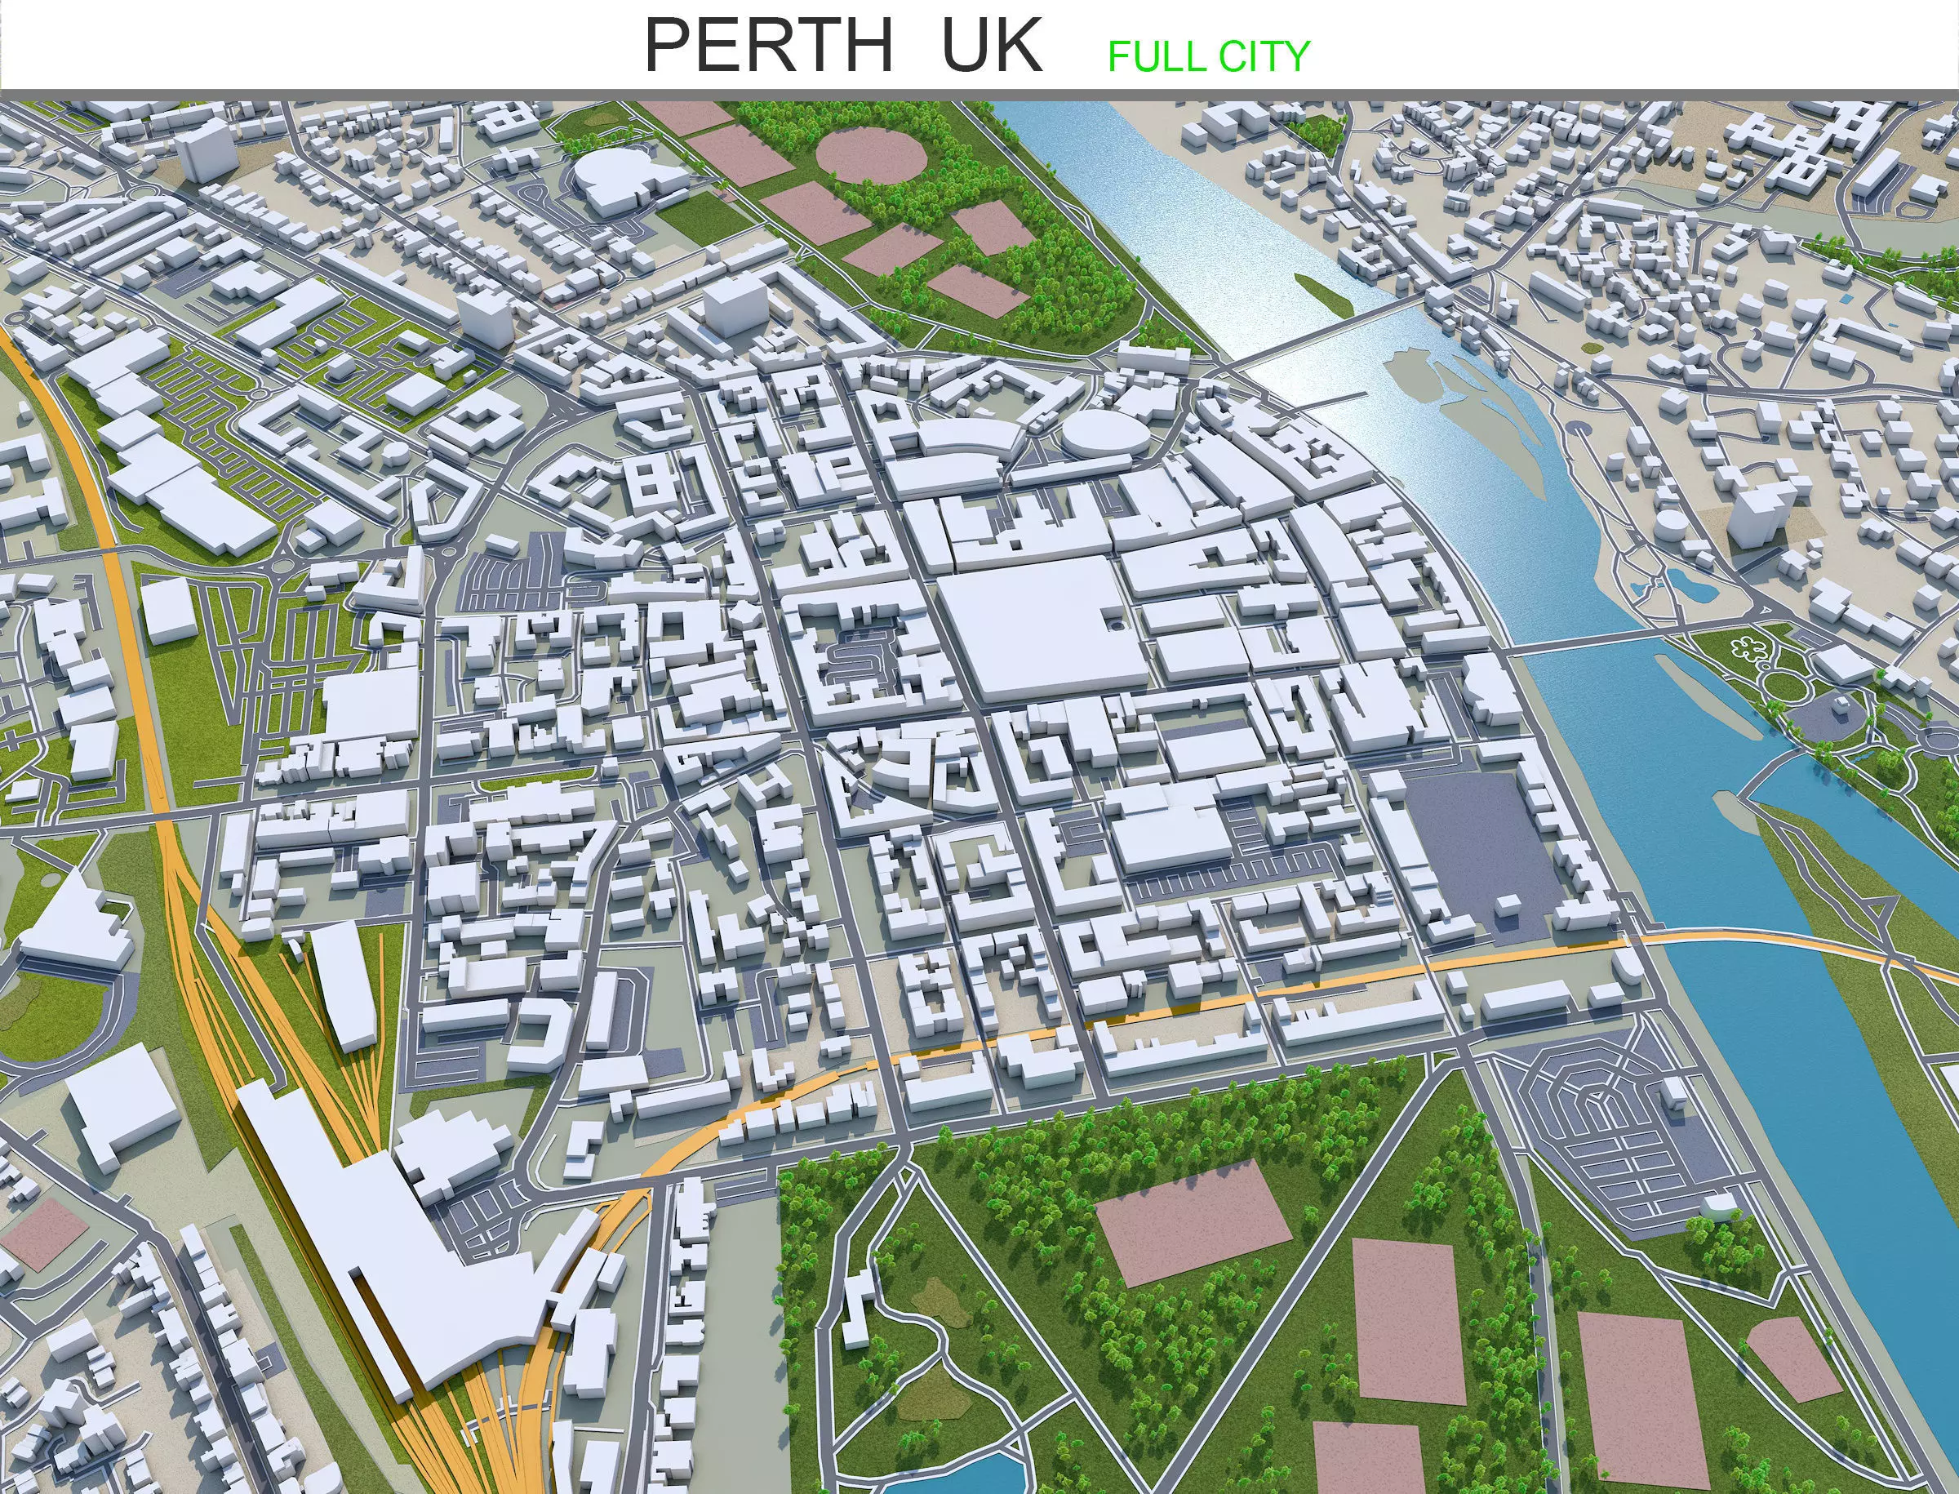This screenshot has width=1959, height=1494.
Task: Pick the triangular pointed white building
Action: tap(71, 916)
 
